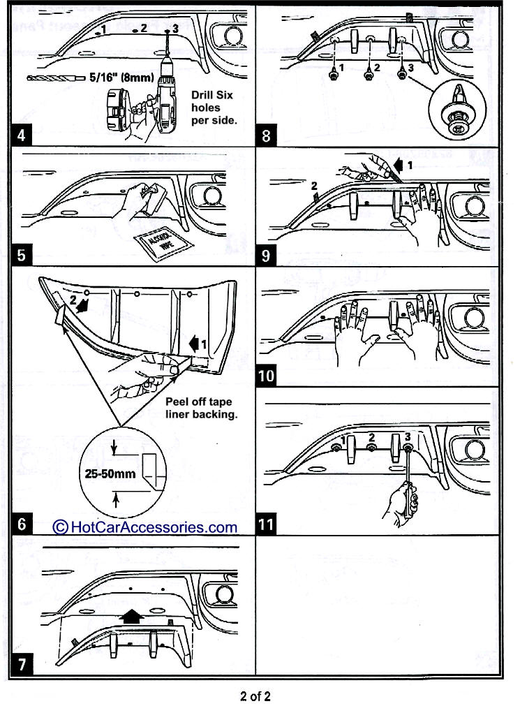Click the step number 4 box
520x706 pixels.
(22, 134)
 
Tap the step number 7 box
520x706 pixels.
(22, 664)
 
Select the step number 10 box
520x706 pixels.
(267, 377)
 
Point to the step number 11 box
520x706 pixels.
(267, 523)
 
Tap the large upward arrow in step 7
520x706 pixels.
(130, 615)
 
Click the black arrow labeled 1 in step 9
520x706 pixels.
(399, 166)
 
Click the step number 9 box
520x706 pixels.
(267, 255)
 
